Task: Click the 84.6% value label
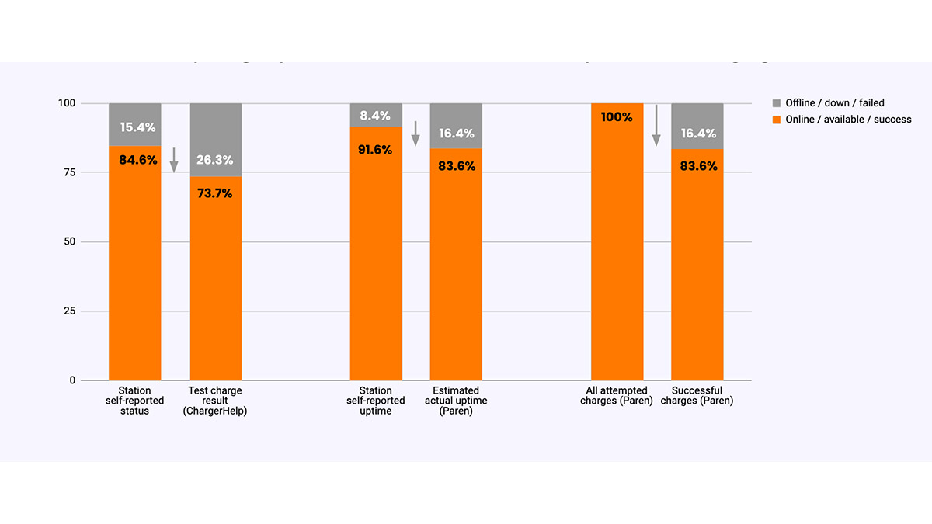[137, 161]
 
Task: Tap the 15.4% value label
[137, 127]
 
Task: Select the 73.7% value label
[214, 193]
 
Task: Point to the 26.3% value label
[214, 160]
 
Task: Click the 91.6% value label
[375, 150]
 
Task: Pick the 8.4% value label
[375, 116]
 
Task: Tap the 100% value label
[617, 117]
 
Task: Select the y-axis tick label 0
[72, 380]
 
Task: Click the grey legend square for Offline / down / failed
[775, 102]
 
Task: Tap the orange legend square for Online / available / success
[775, 120]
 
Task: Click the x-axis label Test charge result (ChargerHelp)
[214, 401]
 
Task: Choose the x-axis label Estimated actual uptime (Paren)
[456, 401]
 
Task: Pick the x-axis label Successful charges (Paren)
[697, 396]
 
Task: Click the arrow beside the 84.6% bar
[174, 159]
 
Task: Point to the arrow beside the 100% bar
[656, 125]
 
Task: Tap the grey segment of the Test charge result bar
[215, 132]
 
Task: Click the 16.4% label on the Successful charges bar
[698, 134]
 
